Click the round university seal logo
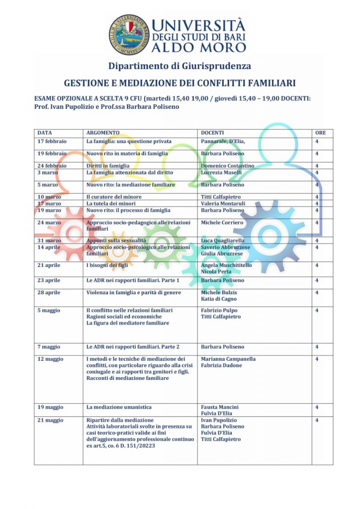tap(129, 34)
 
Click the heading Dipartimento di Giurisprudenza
tap(180, 66)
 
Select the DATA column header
tap(45, 133)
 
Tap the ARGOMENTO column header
tap(103, 133)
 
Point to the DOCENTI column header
tap(212, 133)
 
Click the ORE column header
tap(321, 133)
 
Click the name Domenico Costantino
tap(227, 166)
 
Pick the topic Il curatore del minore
tap(114, 197)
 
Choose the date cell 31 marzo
tap(49, 241)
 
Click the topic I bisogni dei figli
tap(107, 265)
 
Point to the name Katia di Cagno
tap(219, 299)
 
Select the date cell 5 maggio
tap(49, 310)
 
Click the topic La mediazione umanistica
tap(119, 407)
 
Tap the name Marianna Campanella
tap(228, 358)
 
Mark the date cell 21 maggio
tap(51, 420)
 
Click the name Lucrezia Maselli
tap(221, 172)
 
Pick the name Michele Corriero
tap(222, 222)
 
